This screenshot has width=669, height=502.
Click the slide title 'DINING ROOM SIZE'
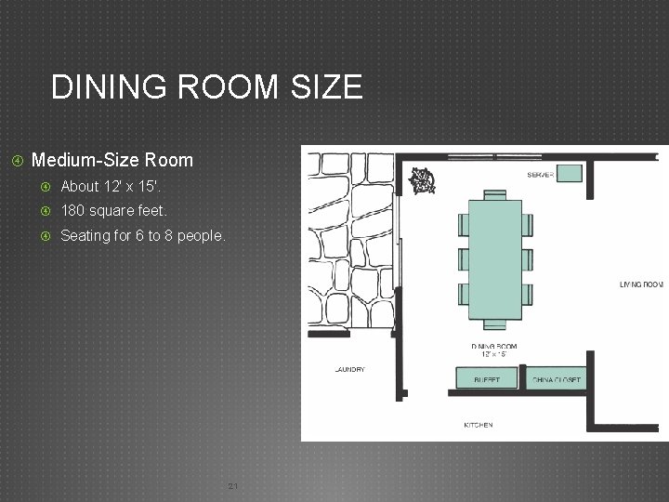(206, 87)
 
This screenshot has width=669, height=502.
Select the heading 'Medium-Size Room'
(111, 160)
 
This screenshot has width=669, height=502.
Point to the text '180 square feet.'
(113, 211)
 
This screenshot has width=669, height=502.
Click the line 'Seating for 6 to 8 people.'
(142, 236)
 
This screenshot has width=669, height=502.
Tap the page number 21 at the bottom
(233, 486)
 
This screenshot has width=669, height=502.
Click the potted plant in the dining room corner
(423, 180)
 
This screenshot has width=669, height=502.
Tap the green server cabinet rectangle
(569, 172)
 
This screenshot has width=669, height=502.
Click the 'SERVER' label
(540, 174)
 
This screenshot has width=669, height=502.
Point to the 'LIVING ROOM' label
(641, 284)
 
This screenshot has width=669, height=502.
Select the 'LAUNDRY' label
(348, 369)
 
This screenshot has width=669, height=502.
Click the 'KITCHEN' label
(478, 425)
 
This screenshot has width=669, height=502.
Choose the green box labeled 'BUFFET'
(487, 377)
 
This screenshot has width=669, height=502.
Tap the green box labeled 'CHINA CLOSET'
(556, 377)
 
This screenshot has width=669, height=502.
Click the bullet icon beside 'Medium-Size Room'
(17, 160)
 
